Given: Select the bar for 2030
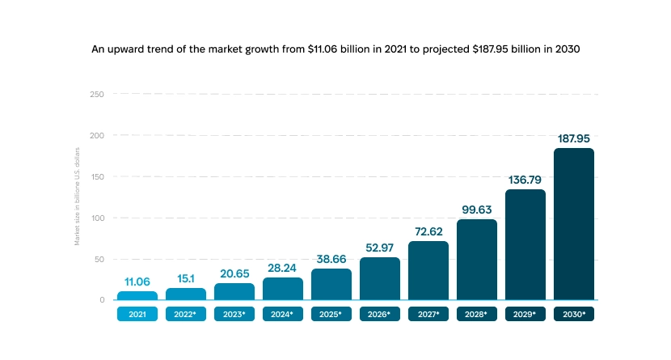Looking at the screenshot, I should [x=574, y=224].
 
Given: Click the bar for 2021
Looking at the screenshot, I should [x=137, y=295].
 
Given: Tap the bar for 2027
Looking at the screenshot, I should [x=428, y=270].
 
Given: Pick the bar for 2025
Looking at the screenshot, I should [x=331, y=284].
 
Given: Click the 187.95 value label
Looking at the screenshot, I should [x=574, y=138].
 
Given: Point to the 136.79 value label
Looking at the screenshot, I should [x=525, y=180].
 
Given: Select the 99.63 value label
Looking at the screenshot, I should [x=477, y=210].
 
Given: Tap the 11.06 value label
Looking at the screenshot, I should [x=137, y=282].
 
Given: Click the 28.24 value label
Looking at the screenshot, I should [x=283, y=268].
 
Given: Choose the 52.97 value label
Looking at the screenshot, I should [x=380, y=248].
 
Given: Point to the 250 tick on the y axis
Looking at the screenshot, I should [x=97, y=94].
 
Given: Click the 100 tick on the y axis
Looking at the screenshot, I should [x=97, y=218].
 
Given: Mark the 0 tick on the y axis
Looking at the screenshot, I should [x=102, y=300].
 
